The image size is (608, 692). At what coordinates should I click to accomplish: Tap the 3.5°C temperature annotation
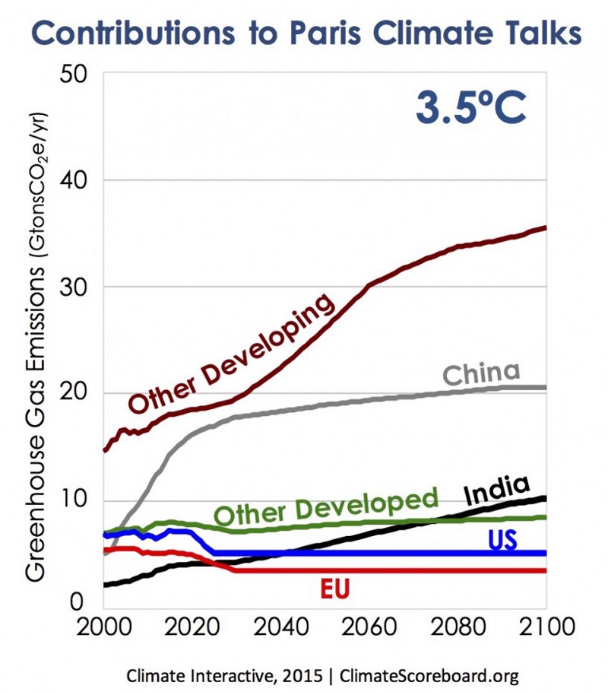pyautogui.click(x=470, y=108)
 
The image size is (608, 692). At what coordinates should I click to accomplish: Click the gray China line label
pyautogui.click(x=481, y=374)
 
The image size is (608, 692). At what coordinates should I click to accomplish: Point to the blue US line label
pyautogui.click(x=502, y=540)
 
